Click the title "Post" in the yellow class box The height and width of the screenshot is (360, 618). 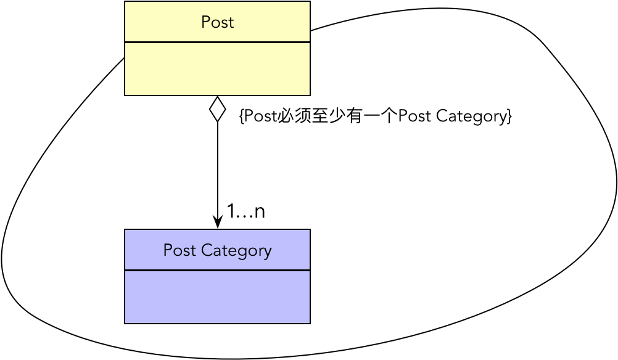point(217,22)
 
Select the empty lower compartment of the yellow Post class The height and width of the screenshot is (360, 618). point(217,69)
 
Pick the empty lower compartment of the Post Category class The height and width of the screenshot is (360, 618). point(217,297)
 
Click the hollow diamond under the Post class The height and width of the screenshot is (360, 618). point(217,109)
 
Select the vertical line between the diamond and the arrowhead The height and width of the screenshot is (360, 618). point(217,166)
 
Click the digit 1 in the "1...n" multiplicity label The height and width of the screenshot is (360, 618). point(231,211)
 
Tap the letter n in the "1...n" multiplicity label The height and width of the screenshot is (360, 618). point(260,212)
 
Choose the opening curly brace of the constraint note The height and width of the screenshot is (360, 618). point(241,116)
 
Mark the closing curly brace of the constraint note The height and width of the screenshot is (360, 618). point(509,116)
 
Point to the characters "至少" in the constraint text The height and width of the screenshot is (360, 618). point(328,116)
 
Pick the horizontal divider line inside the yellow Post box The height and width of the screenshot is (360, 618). point(217,42)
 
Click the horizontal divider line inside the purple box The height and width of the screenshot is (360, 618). point(217,270)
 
